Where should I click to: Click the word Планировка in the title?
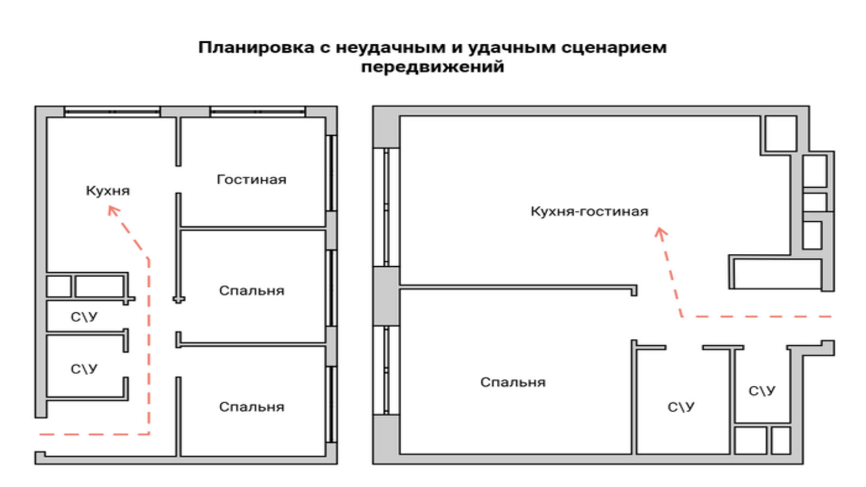pyautogui.click(x=256, y=48)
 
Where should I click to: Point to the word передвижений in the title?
pyautogui.click(x=432, y=67)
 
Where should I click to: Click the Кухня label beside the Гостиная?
pyautogui.click(x=108, y=190)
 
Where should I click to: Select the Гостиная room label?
pyautogui.click(x=252, y=179)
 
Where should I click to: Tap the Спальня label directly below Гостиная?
pyautogui.click(x=252, y=291)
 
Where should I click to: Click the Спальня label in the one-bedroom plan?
pyautogui.click(x=513, y=382)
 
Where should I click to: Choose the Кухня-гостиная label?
pyautogui.click(x=589, y=211)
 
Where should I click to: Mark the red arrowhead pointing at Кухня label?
pyautogui.click(x=113, y=211)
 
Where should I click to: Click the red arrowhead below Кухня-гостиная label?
pyautogui.click(x=660, y=234)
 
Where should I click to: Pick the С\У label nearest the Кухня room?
pyautogui.click(x=84, y=317)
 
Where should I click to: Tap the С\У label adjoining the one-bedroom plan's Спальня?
pyautogui.click(x=681, y=407)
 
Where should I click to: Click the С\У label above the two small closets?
pyautogui.click(x=762, y=391)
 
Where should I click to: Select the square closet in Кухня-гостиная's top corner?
pyautogui.click(x=781, y=134)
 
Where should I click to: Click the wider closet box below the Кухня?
pyautogui.click(x=99, y=286)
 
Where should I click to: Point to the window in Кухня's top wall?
pyautogui.click(x=112, y=111)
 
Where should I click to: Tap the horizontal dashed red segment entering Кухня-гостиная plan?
pyautogui.click(x=757, y=316)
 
